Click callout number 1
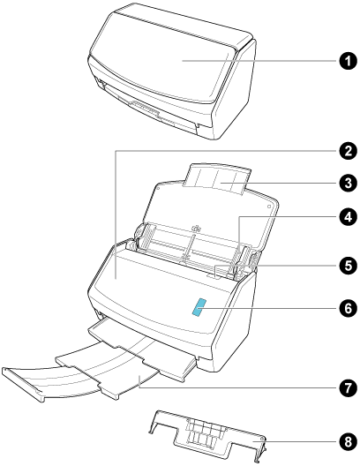click(348, 61)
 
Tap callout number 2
click(348, 151)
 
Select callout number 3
click(348, 183)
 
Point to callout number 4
click(348, 216)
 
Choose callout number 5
click(348, 266)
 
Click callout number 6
click(348, 308)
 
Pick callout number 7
click(348, 387)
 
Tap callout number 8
click(348, 441)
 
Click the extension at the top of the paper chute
click(217, 179)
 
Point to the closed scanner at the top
click(172, 71)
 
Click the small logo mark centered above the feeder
click(196, 229)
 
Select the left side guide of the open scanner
click(146, 237)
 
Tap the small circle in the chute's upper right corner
click(269, 206)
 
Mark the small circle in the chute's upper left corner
click(158, 188)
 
